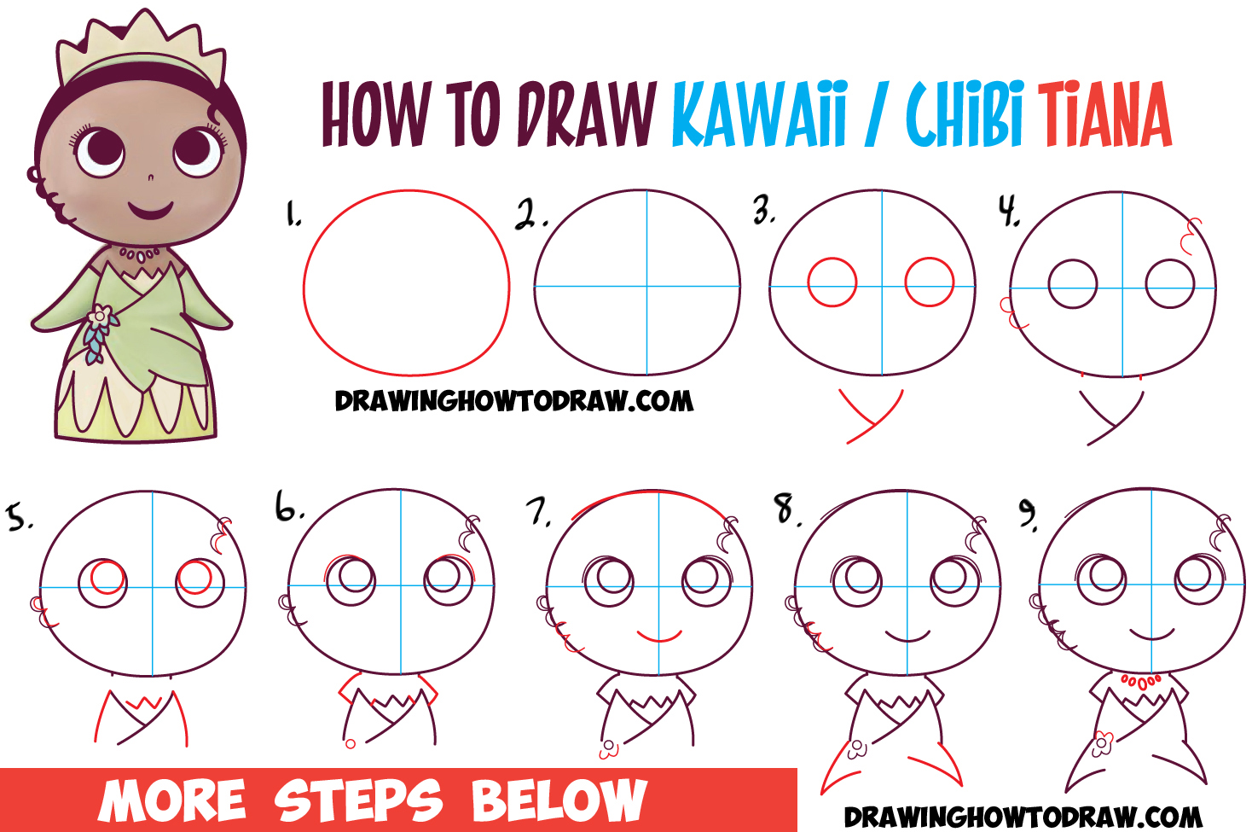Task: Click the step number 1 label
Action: click(x=293, y=214)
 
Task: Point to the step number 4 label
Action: click(x=1010, y=210)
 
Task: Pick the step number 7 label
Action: click(x=538, y=511)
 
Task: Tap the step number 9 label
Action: click(x=1029, y=513)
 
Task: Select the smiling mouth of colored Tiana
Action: click(x=151, y=208)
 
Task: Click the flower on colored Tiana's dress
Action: click(x=101, y=317)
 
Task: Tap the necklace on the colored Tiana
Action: click(x=139, y=253)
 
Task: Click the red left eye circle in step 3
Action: click(x=832, y=282)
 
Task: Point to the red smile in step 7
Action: click(x=659, y=637)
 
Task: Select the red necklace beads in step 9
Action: click(x=1140, y=681)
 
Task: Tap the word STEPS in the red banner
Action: click(x=358, y=800)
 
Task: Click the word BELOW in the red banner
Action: click(x=559, y=800)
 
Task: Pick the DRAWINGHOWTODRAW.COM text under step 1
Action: click(x=513, y=401)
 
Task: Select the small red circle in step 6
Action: click(x=351, y=744)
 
